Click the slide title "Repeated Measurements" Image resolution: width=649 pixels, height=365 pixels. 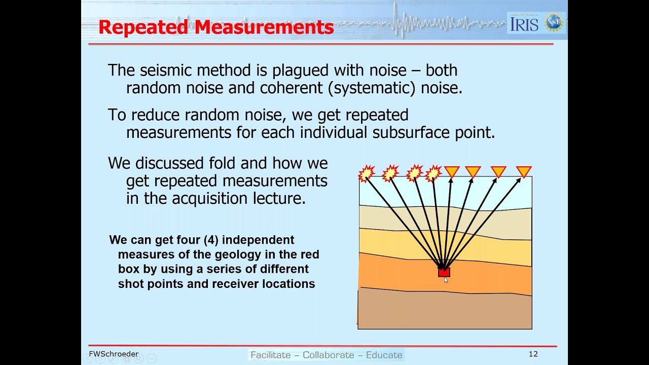(x=216, y=27)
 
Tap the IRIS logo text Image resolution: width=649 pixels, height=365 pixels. (x=524, y=23)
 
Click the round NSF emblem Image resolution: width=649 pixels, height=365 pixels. (x=554, y=23)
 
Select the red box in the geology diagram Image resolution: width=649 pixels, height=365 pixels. (x=444, y=272)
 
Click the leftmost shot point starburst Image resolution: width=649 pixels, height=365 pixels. (x=367, y=173)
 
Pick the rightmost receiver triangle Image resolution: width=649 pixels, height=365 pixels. (x=523, y=172)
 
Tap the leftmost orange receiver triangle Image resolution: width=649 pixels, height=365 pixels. (x=452, y=172)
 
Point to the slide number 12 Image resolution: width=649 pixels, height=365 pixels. (x=533, y=354)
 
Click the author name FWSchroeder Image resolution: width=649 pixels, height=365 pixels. (x=114, y=354)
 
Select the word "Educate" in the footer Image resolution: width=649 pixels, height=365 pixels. (x=384, y=355)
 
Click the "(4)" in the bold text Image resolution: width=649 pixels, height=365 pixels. (x=210, y=240)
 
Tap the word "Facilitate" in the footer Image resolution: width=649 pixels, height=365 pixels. (x=271, y=355)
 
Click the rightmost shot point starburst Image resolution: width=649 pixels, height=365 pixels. (x=433, y=173)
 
